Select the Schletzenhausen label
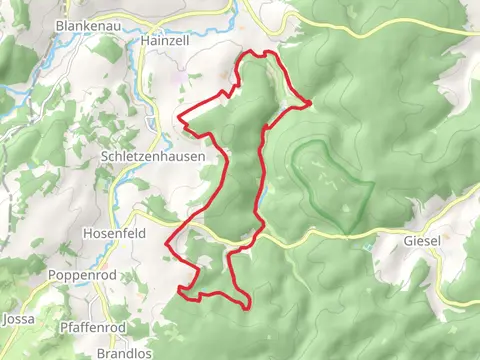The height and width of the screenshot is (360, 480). (x=153, y=157)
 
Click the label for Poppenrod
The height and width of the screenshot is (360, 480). (x=82, y=274)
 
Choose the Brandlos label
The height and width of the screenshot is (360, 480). (x=124, y=353)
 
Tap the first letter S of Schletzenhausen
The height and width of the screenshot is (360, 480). (x=105, y=157)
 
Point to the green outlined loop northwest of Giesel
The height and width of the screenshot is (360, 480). (x=331, y=185)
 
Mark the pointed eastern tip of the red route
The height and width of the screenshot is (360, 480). (x=310, y=102)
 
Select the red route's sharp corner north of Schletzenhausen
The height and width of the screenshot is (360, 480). (x=180, y=119)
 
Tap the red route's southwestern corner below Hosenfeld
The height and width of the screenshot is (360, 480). (x=181, y=291)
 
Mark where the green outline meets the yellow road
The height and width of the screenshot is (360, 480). (x=344, y=235)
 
